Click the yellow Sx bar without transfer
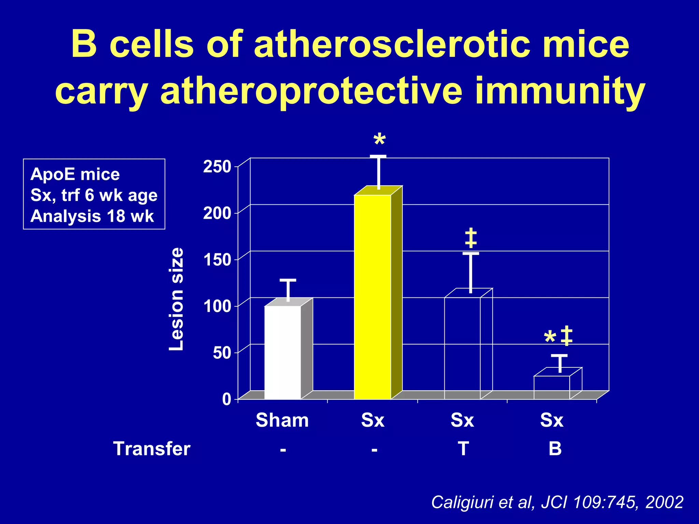pyautogui.click(x=372, y=297)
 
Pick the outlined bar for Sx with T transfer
pyautogui.click(x=462, y=348)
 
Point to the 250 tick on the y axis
pyautogui.click(x=217, y=167)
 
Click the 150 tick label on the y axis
pyautogui.click(x=217, y=260)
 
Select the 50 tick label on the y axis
pyautogui.click(x=222, y=353)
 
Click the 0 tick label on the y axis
pyautogui.click(x=227, y=399)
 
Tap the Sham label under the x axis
pyautogui.click(x=282, y=420)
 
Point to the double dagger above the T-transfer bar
pyautogui.click(x=471, y=238)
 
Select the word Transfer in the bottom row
pyautogui.click(x=152, y=449)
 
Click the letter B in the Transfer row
pyautogui.click(x=555, y=449)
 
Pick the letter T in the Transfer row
pyautogui.click(x=463, y=449)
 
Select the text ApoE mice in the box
pyautogui.click(x=75, y=174)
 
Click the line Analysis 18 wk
pyautogui.click(x=92, y=216)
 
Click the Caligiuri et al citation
pyautogui.click(x=557, y=502)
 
